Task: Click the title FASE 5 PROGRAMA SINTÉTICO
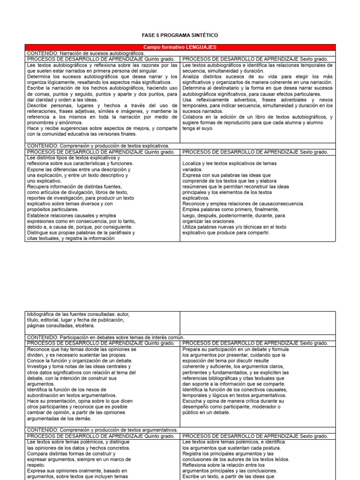point(180,36)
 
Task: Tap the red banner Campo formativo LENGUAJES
point(180,47)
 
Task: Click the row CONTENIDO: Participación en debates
point(105,337)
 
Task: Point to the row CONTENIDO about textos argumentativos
point(103,430)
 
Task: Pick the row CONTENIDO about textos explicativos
point(98,146)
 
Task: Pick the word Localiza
point(193,163)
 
